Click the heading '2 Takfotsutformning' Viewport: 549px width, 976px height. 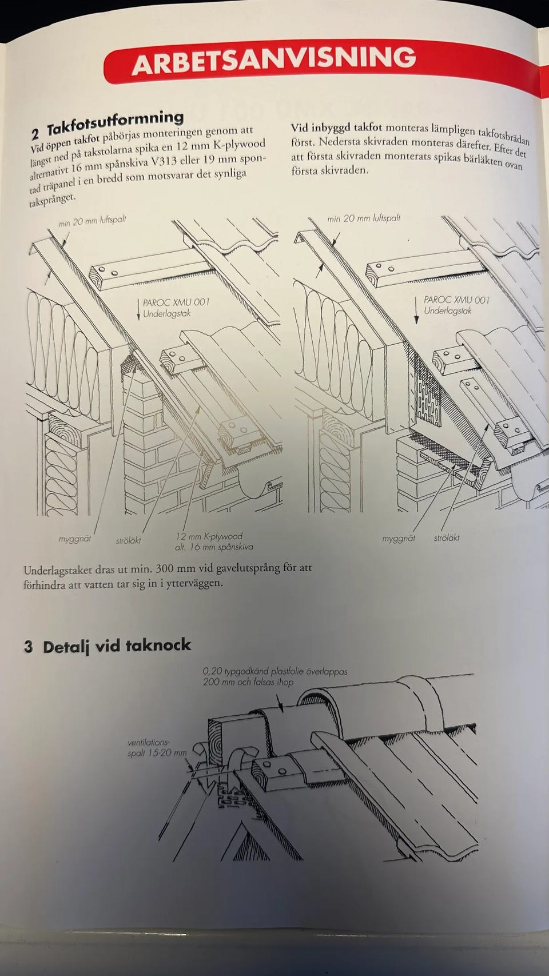(x=107, y=124)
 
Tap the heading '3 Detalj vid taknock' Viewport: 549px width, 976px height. (x=108, y=646)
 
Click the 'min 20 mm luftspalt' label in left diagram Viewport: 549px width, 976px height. (x=93, y=221)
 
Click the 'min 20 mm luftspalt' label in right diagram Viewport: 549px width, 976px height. (x=363, y=218)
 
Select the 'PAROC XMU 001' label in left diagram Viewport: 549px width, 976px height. (x=176, y=302)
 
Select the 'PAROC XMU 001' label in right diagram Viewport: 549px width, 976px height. (x=456, y=300)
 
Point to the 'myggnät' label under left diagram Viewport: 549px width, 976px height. (x=75, y=539)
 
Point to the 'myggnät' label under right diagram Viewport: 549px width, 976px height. (x=398, y=539)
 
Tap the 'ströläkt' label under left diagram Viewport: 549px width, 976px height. (x=129, y=541)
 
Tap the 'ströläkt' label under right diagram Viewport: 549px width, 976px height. (x=447, y=537)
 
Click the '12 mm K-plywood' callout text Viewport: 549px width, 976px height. (x=209, y=536)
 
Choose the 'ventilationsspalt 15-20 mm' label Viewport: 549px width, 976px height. (x=157, y=747)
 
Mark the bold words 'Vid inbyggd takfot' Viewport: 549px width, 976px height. (x=336, y=128)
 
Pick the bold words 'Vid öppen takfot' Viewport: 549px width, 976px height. (x=65, y=143)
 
